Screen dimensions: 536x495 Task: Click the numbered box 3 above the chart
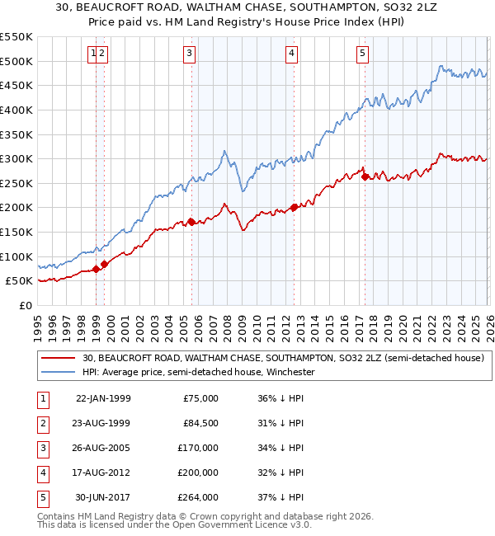click(x=190, y=54)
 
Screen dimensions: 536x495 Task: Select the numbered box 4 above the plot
click(x=292, y=54)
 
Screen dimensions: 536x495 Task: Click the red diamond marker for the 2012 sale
click(x=294, y=207)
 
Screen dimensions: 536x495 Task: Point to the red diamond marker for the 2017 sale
click(x=365, y=176)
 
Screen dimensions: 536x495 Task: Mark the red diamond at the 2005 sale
click(x=191, y=222)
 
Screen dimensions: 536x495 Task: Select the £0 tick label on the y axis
click(x=25, y=305)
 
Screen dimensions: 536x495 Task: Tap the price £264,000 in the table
click(x=200, y=497)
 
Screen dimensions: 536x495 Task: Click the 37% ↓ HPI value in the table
click(x=280, y=497)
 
